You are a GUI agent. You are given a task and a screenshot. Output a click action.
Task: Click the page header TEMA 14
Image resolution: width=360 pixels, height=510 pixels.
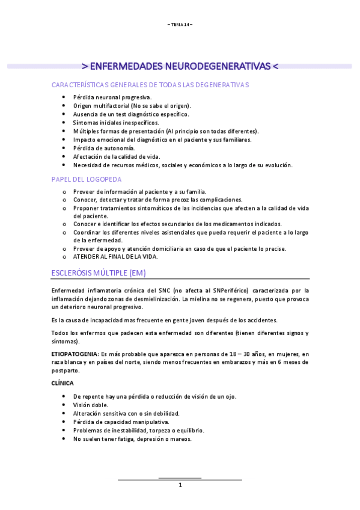coord(180,24)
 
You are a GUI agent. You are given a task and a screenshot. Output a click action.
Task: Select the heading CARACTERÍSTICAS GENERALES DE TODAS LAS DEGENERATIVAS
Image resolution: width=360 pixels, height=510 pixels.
coord(150,85)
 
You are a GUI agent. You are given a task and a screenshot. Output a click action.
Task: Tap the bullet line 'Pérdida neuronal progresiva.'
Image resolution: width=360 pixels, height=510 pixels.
coord(112,97)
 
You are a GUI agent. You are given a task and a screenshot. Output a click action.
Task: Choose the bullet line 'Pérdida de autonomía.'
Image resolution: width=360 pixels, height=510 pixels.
coord(104,148)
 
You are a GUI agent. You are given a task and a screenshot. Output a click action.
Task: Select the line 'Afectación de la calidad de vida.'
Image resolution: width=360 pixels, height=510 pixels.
coord(117,156)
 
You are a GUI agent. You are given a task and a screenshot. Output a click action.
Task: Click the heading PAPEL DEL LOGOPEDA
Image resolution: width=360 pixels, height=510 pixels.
coord(87,179)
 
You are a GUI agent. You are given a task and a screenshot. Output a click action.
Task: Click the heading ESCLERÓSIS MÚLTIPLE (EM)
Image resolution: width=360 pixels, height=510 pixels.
coord(99,273)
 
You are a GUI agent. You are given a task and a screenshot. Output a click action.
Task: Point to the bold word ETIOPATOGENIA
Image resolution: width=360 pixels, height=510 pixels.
coord(75,354)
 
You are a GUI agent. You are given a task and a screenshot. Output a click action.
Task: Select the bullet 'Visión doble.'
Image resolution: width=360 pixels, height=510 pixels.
coord(91,405)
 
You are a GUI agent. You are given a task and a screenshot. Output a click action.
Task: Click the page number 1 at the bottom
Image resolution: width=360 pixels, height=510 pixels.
coord(180,485)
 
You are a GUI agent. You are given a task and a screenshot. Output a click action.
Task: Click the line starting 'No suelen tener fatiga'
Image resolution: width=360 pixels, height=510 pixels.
coord(132,439)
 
